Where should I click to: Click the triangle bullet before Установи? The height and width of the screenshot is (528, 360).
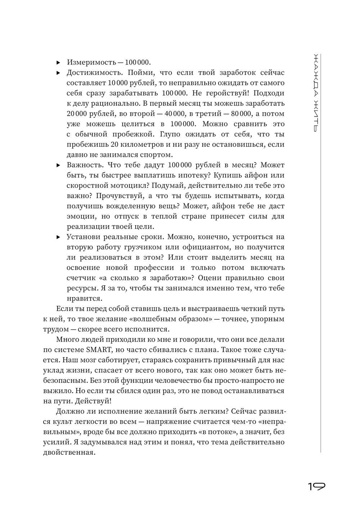(58, 237)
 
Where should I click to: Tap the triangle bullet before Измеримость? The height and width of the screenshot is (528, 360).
(58, 63)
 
